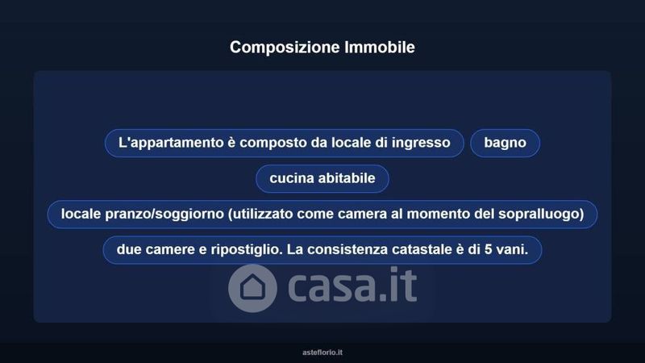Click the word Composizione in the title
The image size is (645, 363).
(285, 48)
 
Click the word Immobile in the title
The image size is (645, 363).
(380, 47)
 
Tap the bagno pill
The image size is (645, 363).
(505, 143)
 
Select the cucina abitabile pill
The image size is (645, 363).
(322, 178)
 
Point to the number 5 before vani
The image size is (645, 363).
(489, 249)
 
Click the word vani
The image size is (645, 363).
(512, 250)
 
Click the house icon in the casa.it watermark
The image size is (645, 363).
(252, 288)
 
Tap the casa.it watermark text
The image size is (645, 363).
(352, 286)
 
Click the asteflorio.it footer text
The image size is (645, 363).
(322, 353)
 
